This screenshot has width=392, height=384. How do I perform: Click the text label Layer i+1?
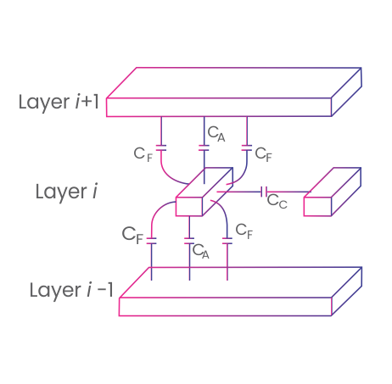click(59, 103)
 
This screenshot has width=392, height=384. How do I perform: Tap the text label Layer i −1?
click(71, 290)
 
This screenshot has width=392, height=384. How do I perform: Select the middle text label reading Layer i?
click(66, 192)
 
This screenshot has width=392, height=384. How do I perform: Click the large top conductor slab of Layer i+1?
click(234, 92)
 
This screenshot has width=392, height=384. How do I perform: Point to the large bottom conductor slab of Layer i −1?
click(240, 292)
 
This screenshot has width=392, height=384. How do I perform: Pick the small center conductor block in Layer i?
click(204, 192)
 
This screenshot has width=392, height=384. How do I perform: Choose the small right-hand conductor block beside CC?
click(333, 192)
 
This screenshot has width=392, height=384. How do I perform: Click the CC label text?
click(277, 201)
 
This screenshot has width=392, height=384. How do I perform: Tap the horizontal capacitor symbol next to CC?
click(264, 192)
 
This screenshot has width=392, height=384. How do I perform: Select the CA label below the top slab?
click(216, 134)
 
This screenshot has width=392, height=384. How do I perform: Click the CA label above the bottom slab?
click(201, 251)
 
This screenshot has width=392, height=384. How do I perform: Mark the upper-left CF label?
click(143, 154)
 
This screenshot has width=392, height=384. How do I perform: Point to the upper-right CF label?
click(264, 154)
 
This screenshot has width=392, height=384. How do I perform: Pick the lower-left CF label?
click(132, 235)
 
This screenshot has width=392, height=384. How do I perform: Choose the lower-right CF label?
click(244, 231)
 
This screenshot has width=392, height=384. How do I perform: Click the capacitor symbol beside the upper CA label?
click(204, 147)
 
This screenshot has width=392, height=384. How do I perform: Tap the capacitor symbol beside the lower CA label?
click(189, 241)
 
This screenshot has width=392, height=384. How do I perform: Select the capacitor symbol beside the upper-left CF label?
click(161, 147)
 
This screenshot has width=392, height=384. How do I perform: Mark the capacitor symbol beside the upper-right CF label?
click(247, 147)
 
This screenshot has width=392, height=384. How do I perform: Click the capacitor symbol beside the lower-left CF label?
click(152, 241)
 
